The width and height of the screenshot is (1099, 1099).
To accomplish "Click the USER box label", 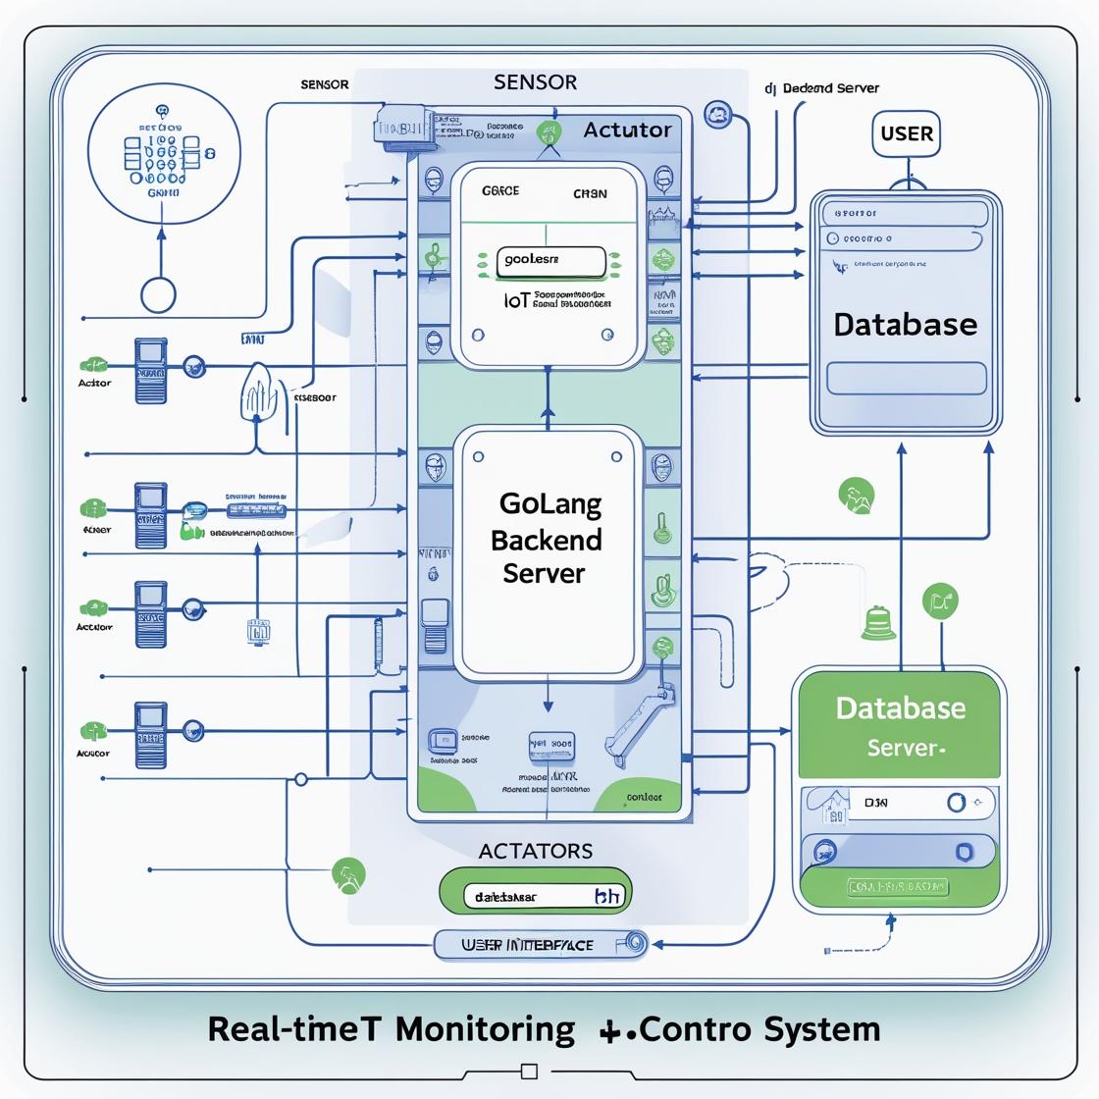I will coord(907,133).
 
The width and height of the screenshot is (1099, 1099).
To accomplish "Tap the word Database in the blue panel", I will coord(905,325).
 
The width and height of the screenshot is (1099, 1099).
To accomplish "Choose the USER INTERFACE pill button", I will coord(541,944).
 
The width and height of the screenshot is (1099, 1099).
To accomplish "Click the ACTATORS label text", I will coord(535,851).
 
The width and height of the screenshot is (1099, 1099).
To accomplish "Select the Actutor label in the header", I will coord(627,130).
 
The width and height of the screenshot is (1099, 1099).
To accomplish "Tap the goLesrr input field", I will coord(551,261).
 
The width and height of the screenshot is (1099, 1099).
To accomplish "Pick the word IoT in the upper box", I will coord(489,299).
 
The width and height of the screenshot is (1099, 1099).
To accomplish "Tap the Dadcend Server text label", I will coord(829,88).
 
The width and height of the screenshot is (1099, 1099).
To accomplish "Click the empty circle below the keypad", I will coord(158,294).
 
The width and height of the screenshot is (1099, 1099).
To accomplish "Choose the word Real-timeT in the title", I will coord(300,1029).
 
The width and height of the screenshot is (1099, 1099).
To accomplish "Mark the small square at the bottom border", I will coord(530,1071).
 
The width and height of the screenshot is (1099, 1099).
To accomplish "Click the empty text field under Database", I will coord(906,378).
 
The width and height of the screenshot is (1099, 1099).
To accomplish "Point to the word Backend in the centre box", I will coord(546,540).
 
